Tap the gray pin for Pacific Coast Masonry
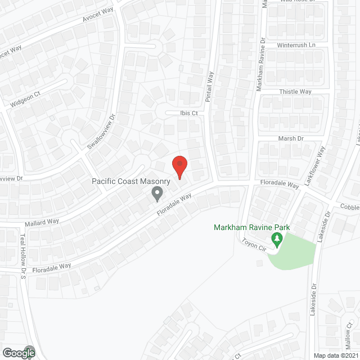[x=157, y=194]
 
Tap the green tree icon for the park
[x=277, y=240]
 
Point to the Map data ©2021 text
[x=335, y=355]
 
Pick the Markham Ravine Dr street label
[x=260, y=65]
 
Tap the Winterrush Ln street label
[x=296, y=44]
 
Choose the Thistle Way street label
[x=295, y=92]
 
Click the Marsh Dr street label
[x=291, y=138]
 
